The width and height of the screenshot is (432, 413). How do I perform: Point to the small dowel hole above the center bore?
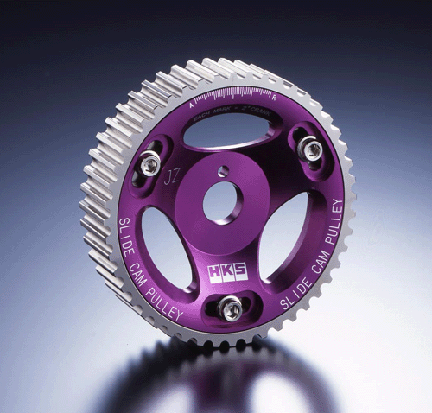tap(224, 171)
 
